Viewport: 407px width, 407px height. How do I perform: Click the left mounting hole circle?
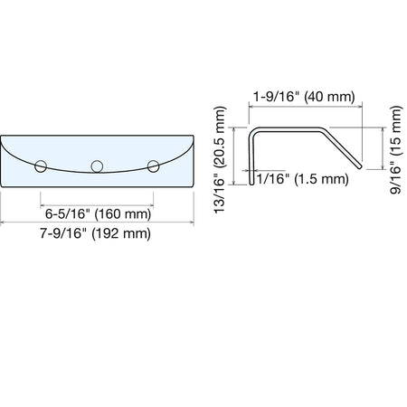(41, 166)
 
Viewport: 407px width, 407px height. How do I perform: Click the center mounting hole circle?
(97, 166)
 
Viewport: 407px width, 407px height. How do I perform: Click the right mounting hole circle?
(154, 166)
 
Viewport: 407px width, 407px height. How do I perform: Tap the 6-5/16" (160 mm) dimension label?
(98, 213)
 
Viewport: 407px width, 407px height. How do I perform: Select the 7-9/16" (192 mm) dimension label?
(95, 233)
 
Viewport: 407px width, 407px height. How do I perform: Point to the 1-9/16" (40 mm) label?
(304, 97)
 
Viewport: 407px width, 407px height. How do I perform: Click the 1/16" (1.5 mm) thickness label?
(302, 179)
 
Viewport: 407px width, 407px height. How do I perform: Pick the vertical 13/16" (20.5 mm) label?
(220, 160)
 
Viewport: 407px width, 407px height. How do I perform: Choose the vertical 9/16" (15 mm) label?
(395, 150)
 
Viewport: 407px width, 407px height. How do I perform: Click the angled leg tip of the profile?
(359, 166)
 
